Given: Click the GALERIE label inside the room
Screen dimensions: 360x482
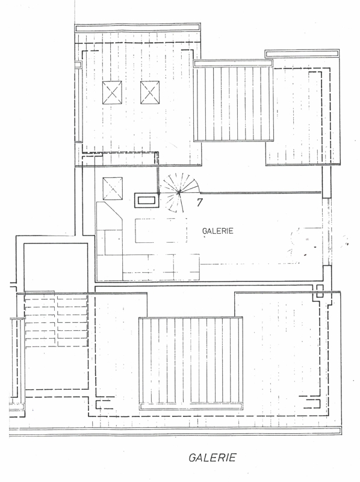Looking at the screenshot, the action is point(218,231).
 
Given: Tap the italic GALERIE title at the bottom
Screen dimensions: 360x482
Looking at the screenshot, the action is point(213,457).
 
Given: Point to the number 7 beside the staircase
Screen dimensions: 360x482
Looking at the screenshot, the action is point(200,202).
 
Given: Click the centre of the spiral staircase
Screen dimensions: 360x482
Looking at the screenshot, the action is point(179,193).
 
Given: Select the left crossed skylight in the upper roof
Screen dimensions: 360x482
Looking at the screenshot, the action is point(112,93).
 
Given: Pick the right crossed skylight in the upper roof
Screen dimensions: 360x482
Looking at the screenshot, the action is point(150,93).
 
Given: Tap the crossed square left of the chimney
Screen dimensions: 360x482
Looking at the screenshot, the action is point(113,189).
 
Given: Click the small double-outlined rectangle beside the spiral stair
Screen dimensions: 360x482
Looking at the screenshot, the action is point(146,201).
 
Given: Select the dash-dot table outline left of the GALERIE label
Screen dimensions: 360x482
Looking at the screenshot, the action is point(161,230).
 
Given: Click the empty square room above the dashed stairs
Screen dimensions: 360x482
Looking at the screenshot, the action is point(55,267).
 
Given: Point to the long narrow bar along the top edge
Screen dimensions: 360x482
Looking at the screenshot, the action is point(138,28).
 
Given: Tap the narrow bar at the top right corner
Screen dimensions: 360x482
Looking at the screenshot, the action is point(302,54).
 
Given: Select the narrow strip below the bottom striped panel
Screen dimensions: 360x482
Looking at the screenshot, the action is point(191,406).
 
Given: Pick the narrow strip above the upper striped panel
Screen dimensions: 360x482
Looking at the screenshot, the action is point(233,63).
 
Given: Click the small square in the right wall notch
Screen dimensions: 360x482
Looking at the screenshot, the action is point(320,291).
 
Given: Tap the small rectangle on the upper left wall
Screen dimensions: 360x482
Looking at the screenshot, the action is point(78,65).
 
